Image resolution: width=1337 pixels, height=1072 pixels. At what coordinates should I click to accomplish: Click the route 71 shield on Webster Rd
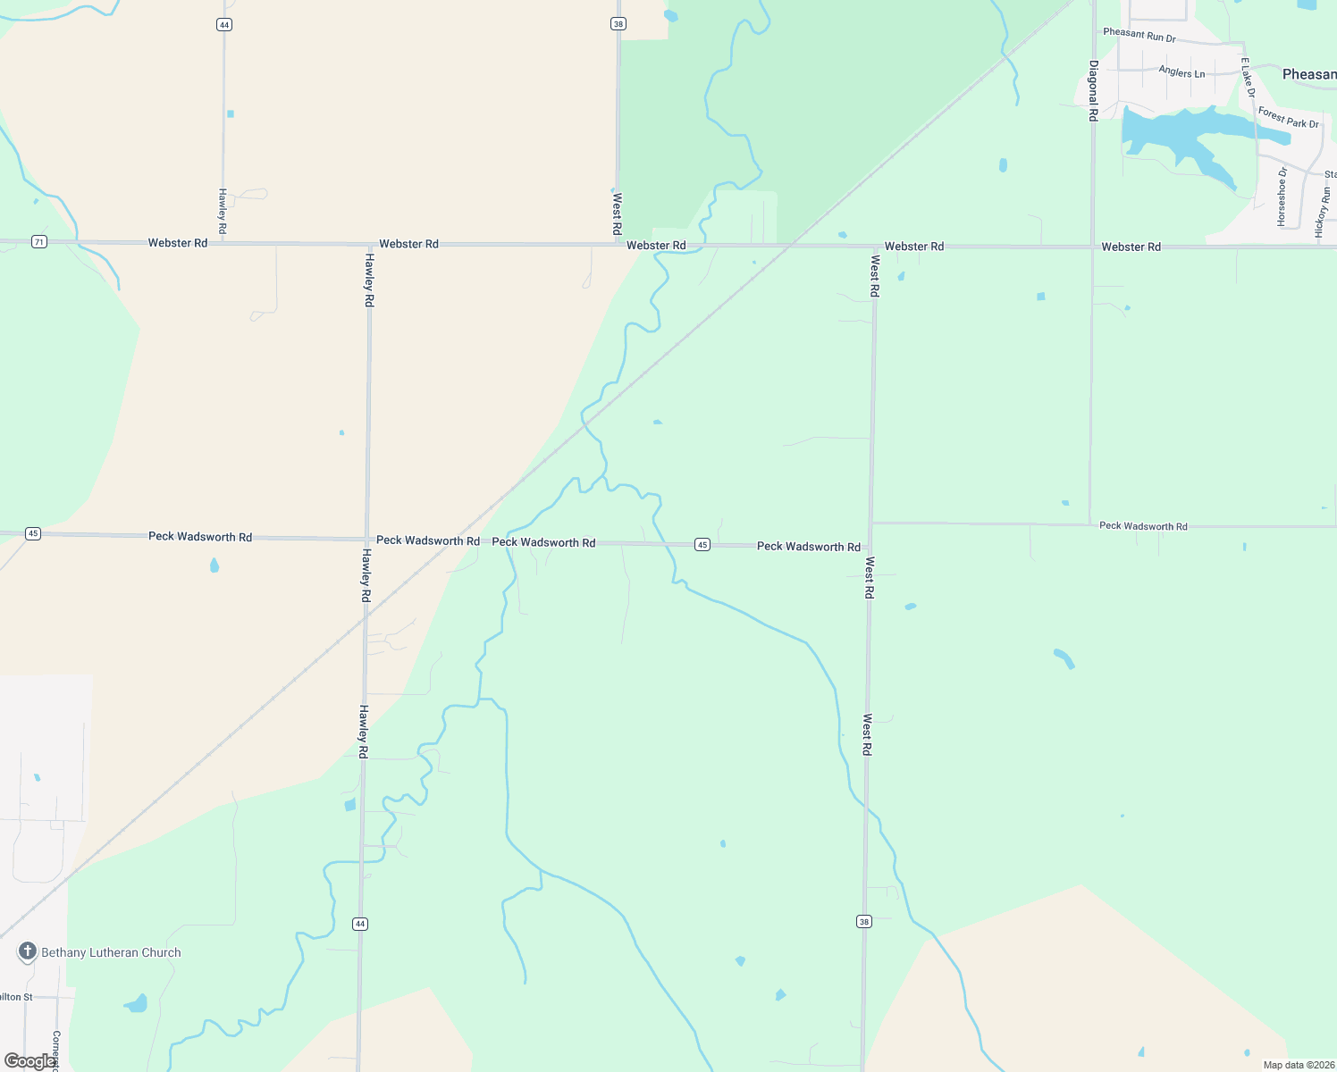38,242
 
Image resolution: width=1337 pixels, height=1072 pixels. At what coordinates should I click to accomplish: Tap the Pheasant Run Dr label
1139,36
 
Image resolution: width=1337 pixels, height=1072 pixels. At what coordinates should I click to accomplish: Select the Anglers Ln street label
1181,71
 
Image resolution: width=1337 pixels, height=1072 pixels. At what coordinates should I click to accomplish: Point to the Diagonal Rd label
1093,90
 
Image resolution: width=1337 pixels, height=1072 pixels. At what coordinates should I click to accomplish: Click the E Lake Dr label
1248,78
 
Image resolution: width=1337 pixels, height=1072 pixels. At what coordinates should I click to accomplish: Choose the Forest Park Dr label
1288,117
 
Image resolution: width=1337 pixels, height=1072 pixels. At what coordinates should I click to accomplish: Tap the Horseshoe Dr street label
1282,196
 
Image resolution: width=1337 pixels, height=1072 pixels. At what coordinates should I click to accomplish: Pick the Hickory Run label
1323,211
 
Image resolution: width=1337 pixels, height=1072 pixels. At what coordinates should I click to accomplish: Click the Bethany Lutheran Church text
111,953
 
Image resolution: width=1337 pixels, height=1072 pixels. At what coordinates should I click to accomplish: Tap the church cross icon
28,951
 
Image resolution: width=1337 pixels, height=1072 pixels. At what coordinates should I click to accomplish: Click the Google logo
29,1061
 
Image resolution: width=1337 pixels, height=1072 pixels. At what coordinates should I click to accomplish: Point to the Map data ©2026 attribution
1299,1065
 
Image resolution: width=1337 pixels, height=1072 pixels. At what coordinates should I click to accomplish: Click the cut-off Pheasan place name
1309,74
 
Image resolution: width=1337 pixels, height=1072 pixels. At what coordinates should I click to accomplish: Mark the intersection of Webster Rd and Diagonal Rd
1092,247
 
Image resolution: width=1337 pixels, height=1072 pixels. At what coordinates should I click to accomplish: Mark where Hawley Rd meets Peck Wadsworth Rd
366,539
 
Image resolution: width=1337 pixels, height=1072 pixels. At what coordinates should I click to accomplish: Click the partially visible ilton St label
16,997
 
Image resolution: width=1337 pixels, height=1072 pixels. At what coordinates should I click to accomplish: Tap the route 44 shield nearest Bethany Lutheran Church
360,924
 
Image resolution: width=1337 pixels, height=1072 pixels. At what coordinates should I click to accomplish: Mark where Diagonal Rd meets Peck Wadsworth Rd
1090,524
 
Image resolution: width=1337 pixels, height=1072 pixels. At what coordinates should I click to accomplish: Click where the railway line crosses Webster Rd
792,245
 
